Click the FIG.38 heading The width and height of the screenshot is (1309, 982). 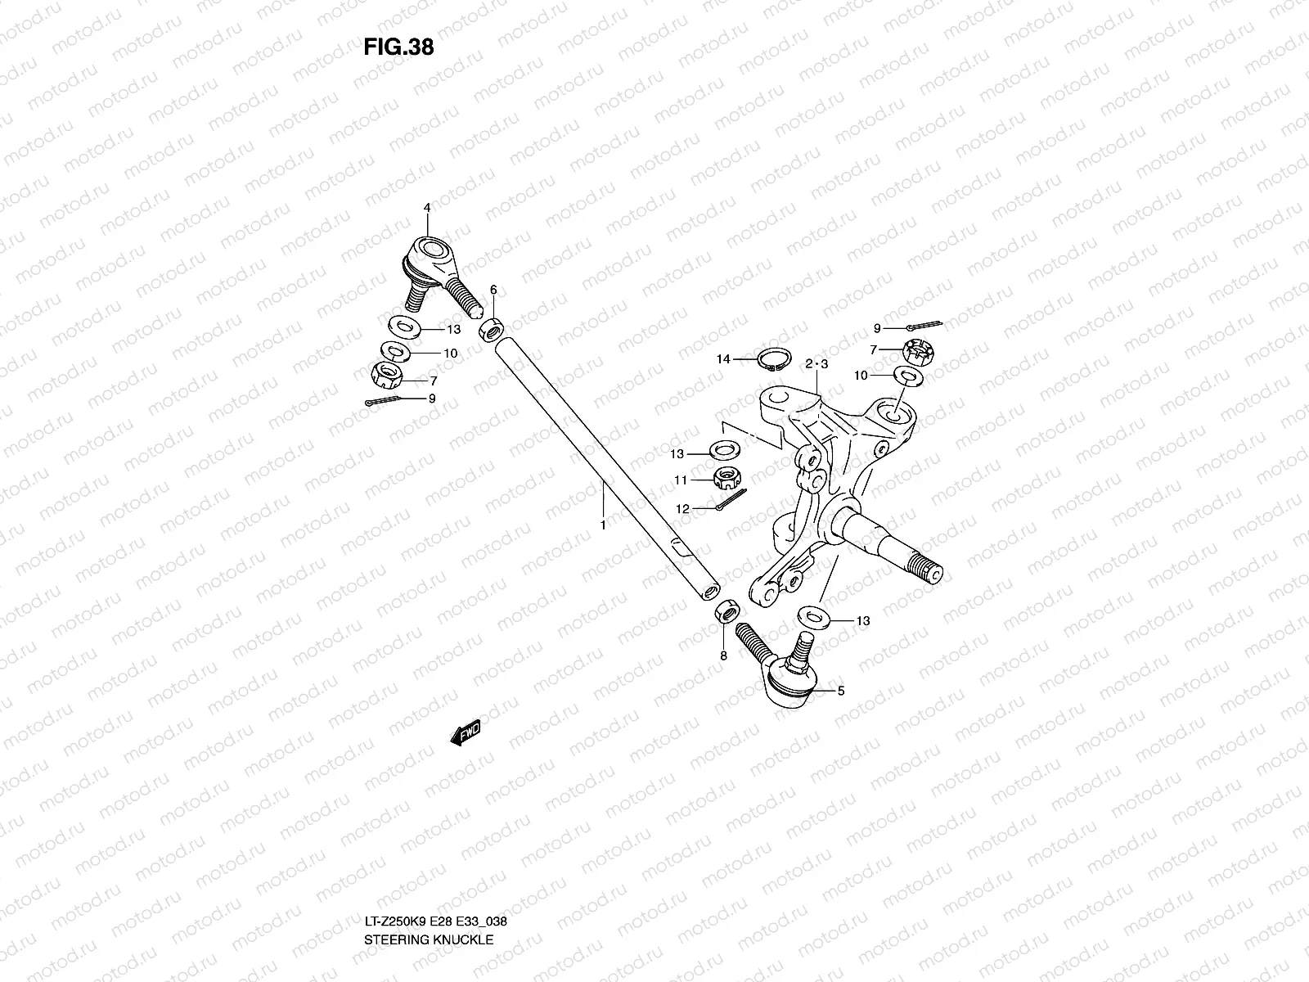point(398,47)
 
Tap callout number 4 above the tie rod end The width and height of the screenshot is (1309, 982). point(426,209)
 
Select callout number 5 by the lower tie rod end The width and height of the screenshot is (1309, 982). point(840,691)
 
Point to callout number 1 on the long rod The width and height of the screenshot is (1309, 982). point(603,525)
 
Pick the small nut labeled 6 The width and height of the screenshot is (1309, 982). point(493,331)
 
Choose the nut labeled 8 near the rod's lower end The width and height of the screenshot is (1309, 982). point(727,611)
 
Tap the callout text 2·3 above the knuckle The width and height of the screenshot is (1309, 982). point(816,363)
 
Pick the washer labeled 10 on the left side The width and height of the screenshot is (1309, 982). point(397,352)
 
